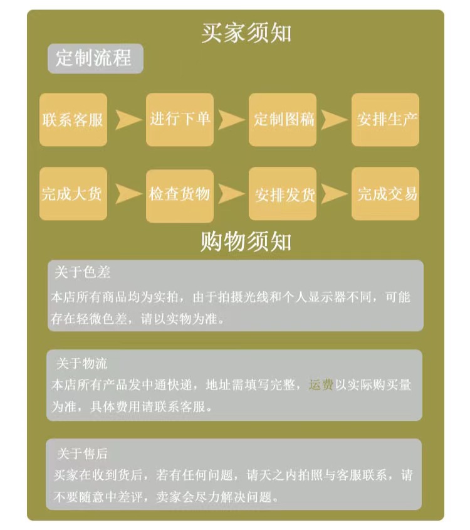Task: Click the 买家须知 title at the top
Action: point(246,33)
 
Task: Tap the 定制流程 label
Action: point(95,58)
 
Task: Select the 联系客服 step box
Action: point(73,119)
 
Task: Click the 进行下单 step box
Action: point(180,119)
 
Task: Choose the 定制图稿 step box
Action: point(284,119)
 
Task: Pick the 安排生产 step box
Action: point(385,119)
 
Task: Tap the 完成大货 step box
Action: point(73,194)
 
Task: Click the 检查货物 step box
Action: point(180,195)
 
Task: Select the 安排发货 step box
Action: point(284,194)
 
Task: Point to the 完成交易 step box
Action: point(385,194)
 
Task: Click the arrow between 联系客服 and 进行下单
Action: point(127,119)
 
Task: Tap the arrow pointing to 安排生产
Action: point(333,119)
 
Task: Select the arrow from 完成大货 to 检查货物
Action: point(127,194)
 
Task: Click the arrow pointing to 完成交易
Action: point(333,194)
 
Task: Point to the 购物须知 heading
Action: point(246,241)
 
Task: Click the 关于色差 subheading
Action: point(83,273)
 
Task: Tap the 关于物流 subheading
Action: point(82,363)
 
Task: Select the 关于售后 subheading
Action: point(82,453)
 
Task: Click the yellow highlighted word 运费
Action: point(321,384)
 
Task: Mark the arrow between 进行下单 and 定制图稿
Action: point(231,119)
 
